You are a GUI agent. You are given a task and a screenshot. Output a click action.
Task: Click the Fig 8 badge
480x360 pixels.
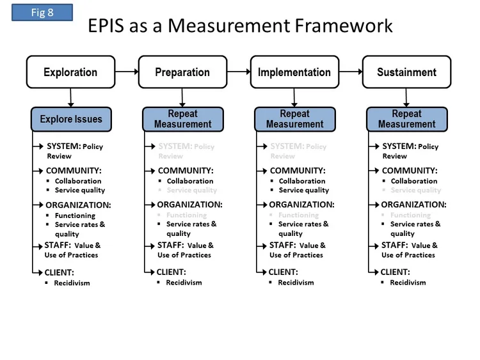42,12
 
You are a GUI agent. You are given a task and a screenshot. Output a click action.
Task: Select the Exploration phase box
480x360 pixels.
70,72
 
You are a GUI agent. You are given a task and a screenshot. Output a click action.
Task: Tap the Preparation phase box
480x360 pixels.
182,72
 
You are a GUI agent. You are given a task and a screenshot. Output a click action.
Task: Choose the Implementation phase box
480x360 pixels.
294,72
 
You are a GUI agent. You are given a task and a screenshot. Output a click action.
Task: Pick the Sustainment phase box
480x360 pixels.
406,72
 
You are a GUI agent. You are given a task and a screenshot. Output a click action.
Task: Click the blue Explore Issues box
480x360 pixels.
70,119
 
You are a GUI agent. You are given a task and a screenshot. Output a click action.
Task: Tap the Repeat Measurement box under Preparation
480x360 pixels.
182,119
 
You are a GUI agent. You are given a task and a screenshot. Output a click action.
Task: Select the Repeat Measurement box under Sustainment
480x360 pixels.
406,119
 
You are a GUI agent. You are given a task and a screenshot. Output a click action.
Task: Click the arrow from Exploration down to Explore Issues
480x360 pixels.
70,97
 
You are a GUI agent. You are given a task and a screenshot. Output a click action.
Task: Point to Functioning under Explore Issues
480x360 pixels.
75,215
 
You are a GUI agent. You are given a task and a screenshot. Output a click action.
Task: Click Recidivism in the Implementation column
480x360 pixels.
296,283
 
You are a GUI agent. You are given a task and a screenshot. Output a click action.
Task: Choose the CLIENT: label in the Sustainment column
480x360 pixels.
396,272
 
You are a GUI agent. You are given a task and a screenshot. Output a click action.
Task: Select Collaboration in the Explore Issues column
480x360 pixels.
78,181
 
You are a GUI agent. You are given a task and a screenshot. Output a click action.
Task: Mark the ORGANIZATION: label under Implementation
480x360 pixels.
301,205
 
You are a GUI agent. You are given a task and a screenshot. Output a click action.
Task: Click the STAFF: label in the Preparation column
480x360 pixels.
171,245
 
